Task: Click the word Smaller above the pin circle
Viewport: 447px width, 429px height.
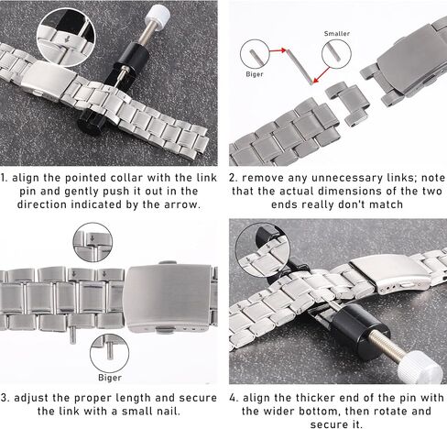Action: point(337,33)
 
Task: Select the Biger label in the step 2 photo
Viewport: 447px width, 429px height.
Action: point(255,74)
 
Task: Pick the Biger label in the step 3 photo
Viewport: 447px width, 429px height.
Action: point(110,378)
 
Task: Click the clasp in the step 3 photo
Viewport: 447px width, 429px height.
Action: point(169,297)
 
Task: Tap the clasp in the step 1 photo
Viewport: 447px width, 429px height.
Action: point(49,81)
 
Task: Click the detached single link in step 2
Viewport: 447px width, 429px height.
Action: point(348,104)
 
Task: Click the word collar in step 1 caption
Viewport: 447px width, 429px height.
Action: point(126,178)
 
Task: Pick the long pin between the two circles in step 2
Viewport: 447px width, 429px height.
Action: point(300,67)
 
